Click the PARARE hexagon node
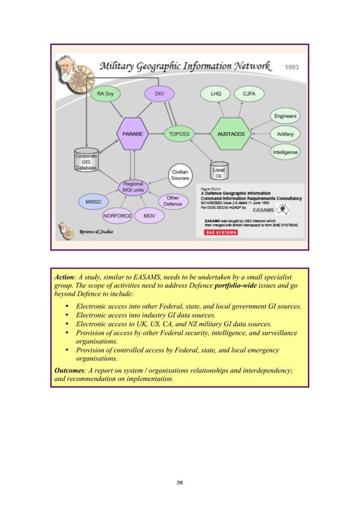pyautogui.click(x=133, y=134)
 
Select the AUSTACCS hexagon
pyautogui.click(x=229, y=134)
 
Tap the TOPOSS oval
pyautogui.click(x=179, y=134)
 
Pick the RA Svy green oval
pyautogui.click(x=105, y=93)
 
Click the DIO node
pyautogui.click(x=159, y=93)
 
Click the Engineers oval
pyautogui.click(x=286, y=116)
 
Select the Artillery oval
pyautogui.click(x=286, y=134)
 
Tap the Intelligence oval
pyautogui.click(x=286, y=152)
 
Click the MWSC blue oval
pyautogui.click(x=93, y=201)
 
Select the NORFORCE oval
pyautogui.click(x=117, y=216)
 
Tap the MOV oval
pyautogui.click(x=150, y=216)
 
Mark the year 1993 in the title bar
pyautogui.click(x=292, y=67)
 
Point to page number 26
pyautogui.click(x=179, y=483)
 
